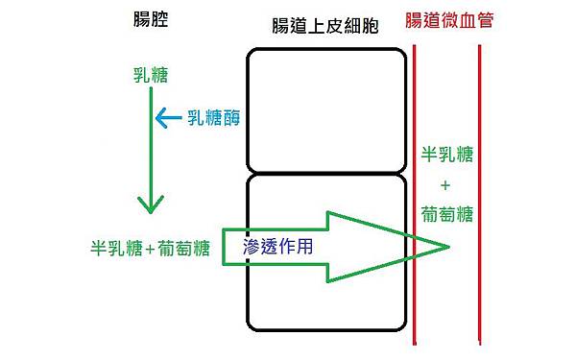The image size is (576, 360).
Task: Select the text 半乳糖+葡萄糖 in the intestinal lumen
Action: click(150, 247)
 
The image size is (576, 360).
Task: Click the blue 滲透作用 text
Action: click(277, 246)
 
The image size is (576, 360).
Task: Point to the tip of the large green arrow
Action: click(448, 247)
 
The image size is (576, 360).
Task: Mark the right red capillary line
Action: click(479, 192)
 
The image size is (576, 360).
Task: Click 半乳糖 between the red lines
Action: click(447, 155)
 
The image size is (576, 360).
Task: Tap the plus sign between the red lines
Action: click(447, 184)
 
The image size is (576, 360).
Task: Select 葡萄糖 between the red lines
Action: click(447, 214)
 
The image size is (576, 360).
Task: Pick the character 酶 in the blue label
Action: click(231, 118)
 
